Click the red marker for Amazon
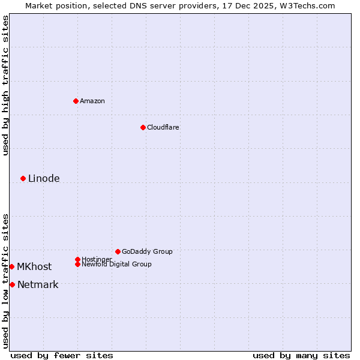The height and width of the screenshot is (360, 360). (76, 101)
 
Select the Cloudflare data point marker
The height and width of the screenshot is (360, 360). (143, 127)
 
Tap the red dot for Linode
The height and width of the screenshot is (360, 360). (23, 178)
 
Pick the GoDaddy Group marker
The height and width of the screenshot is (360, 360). (118, 251)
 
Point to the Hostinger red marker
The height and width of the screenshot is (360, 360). (77, 259)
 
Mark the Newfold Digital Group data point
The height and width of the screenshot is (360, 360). (77, 264)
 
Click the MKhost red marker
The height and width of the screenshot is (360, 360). (12, 266)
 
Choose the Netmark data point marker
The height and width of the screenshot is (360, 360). (12, 284)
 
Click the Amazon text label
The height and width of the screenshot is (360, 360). (92, 101)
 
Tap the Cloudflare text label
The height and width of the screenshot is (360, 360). (163, 127)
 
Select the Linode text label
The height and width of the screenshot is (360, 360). (44, 178)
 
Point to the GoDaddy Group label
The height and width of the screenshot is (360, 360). (147, 251)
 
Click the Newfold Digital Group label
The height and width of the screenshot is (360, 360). (116, 265)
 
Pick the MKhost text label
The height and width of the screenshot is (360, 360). (34, 266)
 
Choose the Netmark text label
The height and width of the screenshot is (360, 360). (38, 284)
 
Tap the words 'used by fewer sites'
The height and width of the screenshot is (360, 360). (62, 355)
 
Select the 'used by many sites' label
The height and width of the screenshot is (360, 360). (301, 355)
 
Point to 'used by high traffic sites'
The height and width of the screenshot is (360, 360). (5, 85)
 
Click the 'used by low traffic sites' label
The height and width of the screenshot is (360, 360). (5, 281)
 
